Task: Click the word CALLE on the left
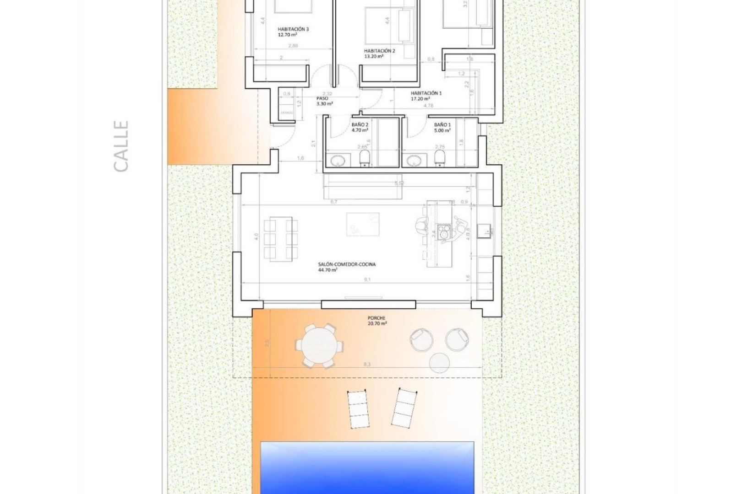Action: click(121, 146)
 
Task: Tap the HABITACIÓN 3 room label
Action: click(293, 32)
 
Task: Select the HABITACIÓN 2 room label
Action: click(379, 54)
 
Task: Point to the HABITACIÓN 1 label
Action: click(426, 96)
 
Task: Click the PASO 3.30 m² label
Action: click(324, 101)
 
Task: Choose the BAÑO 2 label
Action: click(360, 127)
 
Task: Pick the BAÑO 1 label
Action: click(442, 127)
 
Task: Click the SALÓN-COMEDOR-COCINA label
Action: click(349, 267)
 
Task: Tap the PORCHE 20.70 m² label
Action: click(377, 321)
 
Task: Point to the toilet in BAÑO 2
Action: click(365, 159)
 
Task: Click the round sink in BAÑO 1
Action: click(415, 161)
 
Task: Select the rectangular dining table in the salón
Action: click(280, 239)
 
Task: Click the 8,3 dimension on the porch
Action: click(367, 365)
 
